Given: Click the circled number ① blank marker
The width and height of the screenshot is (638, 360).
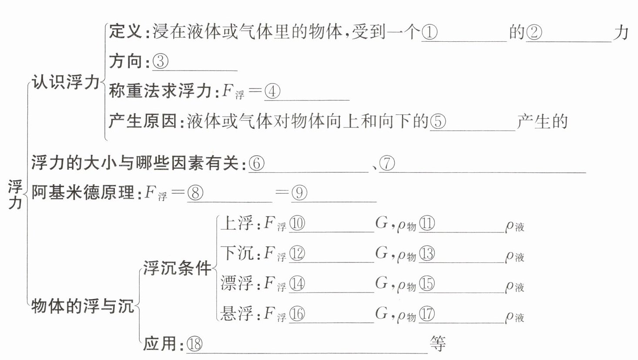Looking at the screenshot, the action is (430, 33).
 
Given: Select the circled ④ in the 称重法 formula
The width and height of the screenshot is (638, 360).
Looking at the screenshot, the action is (272, 91).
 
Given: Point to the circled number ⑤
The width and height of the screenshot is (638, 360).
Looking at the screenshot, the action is (438, 121).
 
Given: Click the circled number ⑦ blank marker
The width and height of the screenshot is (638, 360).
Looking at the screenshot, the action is (387, 164).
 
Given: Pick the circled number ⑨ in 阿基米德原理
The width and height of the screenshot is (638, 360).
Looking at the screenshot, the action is (299, 193).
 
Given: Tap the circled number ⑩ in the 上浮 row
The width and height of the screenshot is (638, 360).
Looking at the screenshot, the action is (297, 224).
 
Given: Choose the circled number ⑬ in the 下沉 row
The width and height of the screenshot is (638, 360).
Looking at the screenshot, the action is (427, 254).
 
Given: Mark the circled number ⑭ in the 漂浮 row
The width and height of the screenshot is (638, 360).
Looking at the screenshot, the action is (297, 284).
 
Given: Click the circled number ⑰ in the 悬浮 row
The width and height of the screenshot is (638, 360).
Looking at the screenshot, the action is (427, 314).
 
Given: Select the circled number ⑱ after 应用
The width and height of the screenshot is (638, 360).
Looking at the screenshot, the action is (195, 344).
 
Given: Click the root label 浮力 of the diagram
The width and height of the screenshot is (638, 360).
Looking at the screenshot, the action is (15, 194).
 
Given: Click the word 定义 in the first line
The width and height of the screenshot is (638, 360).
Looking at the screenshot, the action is (125, 32).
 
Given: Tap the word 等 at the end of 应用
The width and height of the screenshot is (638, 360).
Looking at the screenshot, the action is (438, 344).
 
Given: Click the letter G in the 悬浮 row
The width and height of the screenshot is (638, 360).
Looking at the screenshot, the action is (381, 313).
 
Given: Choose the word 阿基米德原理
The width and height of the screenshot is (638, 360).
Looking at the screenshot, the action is (83, 192).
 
